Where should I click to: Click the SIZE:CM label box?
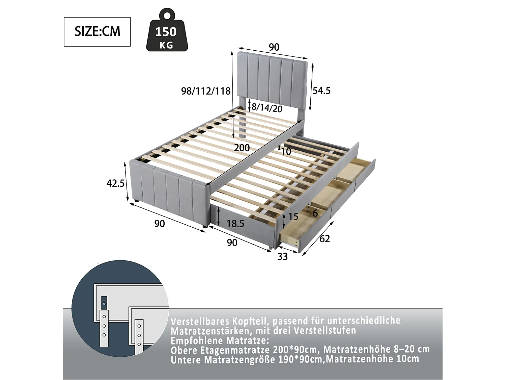[x=97, y=32]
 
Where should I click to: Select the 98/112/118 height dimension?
[x=206, y=91]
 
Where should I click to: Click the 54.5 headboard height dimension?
[x=321, y=91]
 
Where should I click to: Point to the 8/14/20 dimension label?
[x=267, y=108]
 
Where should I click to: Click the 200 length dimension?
[x=242, y=148]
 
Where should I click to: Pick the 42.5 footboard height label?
[x=116, y=183]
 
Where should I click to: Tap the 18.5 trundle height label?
[x=235, y=224]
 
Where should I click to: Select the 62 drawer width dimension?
[x=324, y=239]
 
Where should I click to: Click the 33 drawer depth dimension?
[x=282, y=257]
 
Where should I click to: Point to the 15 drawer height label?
[x=293, y=217]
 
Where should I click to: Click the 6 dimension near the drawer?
[x=315, y=213]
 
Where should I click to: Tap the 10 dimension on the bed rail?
[x=286, y=151]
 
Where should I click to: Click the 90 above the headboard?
[x=274, y=47]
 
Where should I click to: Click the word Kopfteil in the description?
[x=250, y=321]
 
